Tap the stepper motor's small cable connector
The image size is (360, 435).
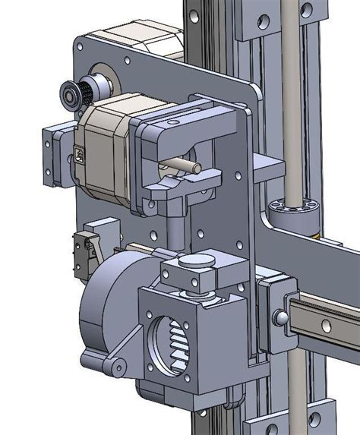(81, 158)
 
